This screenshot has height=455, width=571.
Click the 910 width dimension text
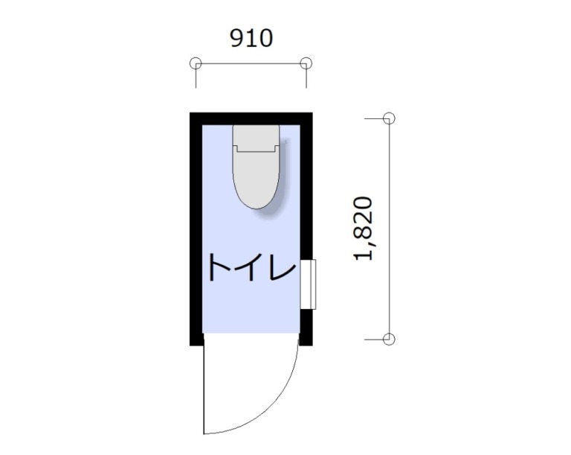coord(251,38)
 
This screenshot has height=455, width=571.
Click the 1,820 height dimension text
coord(364,229)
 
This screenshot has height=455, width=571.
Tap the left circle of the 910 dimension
coord(196,63)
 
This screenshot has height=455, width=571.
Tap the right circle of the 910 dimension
coord(306,63)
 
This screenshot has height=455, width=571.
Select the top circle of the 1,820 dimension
coord(389,118)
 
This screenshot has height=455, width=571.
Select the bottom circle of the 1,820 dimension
coord(389,340)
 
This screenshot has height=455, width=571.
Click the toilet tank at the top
coord(256,139)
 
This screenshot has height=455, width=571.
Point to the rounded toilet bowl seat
coord(257,178)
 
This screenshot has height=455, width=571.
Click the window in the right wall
coord(308,284)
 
